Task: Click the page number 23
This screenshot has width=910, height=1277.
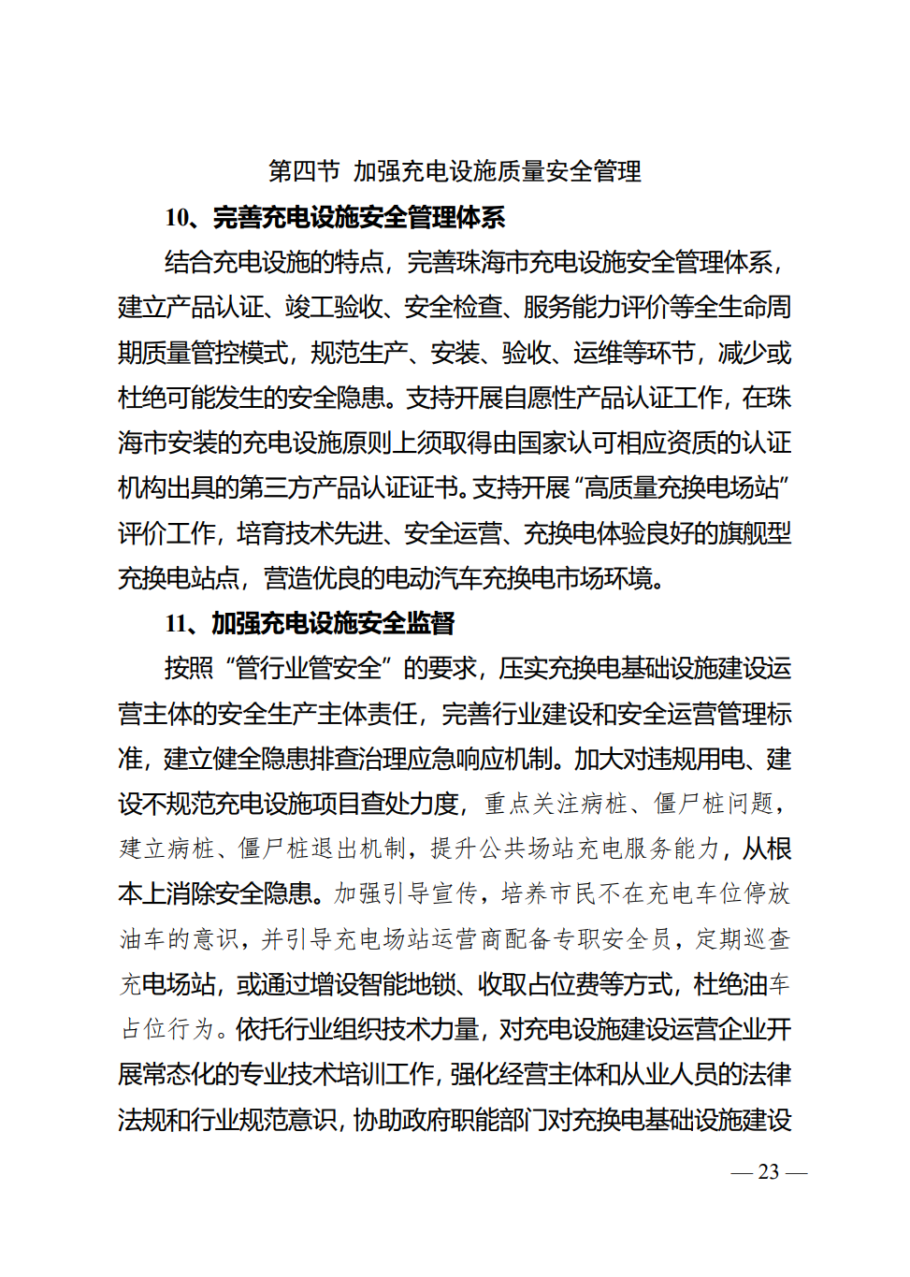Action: [x=769, y=1171]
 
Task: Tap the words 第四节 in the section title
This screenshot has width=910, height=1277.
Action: [x=304, y=171]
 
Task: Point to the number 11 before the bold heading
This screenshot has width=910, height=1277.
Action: [x=177, y=623]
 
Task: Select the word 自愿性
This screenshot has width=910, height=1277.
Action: [x=540, y=398]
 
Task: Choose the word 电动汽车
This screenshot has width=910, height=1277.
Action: [x=422, y=578]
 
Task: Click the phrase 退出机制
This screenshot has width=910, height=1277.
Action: [x=359, y=849]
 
